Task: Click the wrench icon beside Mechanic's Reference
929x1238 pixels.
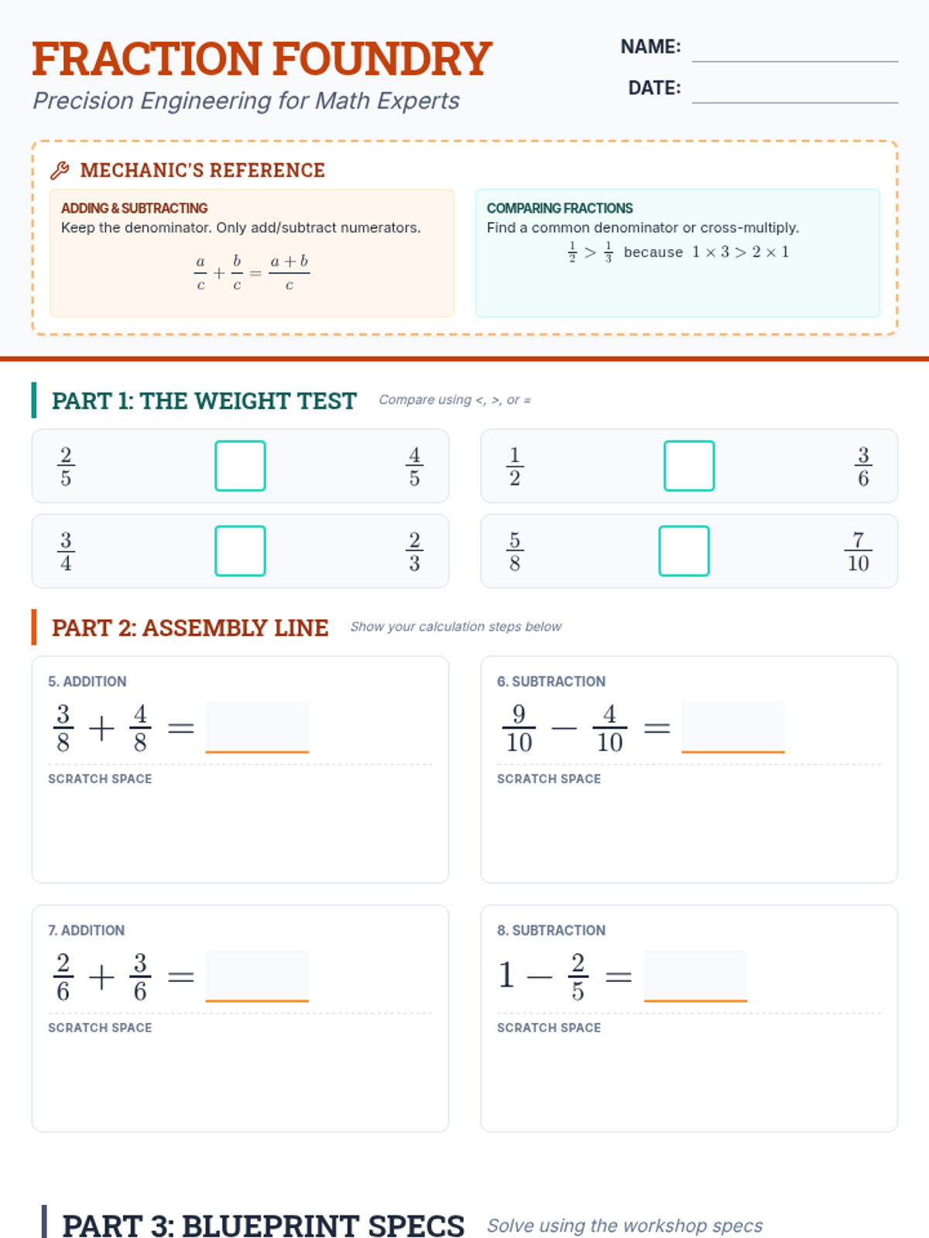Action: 60,170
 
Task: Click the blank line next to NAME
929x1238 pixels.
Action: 795,61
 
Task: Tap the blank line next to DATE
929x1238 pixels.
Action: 795,102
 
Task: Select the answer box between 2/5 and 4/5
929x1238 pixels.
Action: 240,466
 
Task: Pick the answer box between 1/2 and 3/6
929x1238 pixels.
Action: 689,466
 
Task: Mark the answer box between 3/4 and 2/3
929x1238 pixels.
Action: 240,551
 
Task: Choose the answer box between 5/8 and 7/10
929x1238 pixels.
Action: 684,551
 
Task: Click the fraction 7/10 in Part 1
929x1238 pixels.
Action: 858,551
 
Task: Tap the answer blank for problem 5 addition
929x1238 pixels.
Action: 257,727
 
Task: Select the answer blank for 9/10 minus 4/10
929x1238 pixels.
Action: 732,727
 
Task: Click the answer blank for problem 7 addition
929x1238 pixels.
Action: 257,976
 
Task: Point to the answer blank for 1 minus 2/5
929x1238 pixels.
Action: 695,976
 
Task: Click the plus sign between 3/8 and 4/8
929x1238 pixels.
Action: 102,728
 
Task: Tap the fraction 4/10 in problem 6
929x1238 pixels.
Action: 610,728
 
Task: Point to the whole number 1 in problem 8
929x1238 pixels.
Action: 506,975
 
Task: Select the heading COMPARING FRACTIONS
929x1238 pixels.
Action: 560,208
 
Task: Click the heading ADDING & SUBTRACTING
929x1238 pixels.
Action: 134,208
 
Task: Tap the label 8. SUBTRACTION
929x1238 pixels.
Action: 551,930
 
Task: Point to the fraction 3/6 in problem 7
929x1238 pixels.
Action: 140,977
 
